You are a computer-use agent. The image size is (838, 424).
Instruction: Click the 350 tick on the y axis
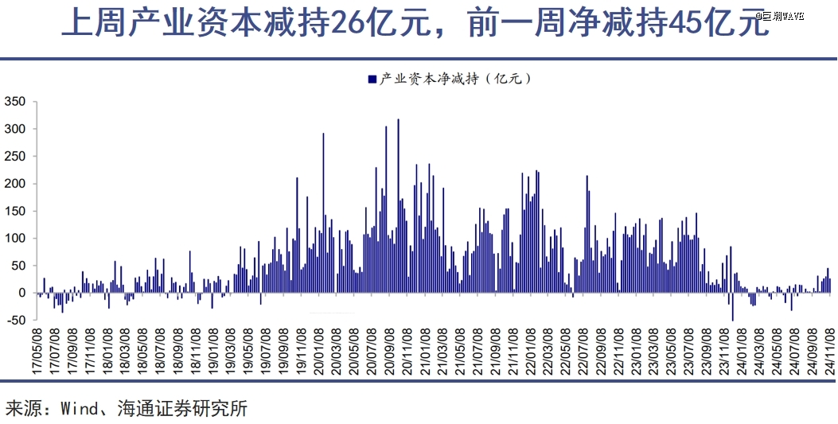(16, 102)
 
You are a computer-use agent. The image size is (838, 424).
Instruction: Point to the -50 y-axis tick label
(16, 321)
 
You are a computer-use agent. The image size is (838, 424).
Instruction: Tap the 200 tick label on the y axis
(16, 184)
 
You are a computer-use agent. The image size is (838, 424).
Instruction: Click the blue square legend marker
(372, 79)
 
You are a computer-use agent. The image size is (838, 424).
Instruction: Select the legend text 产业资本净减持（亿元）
(454, 79)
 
